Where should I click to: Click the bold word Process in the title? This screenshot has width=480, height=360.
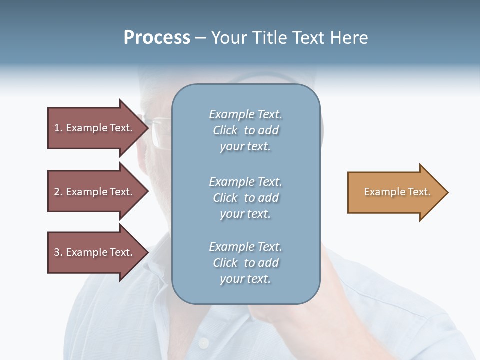click(x=157, y=38)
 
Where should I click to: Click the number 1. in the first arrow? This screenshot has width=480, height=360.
click(x=58, y=128)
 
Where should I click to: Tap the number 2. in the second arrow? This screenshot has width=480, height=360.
click(x=58, y=192)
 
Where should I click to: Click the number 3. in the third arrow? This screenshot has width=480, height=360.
click(x=58, y=252)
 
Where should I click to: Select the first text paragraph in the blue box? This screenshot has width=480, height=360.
click(x=245, y=130)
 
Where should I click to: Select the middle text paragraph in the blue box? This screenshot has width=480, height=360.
click(x=245, y=198)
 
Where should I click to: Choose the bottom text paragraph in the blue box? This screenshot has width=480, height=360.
click(x=245, y=263)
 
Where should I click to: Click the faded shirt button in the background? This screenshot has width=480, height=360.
click(x=203, y=343)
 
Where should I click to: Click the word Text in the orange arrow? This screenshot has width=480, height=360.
click(x=419, y=192)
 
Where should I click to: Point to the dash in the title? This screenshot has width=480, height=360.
click(x=201, y=38)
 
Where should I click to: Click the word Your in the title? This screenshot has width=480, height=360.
click(x=229, y=38)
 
